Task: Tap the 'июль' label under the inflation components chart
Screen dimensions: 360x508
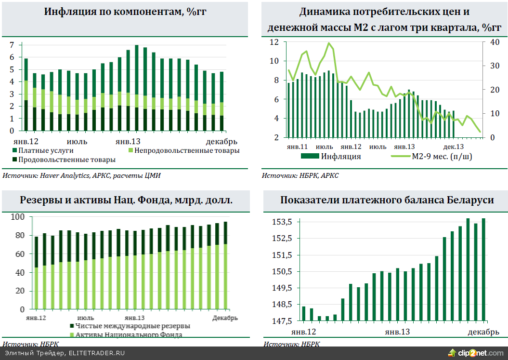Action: coord(77,141)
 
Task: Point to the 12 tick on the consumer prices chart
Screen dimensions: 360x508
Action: coord(274,42)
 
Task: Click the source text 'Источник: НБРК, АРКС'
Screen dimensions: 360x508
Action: coord(300,175)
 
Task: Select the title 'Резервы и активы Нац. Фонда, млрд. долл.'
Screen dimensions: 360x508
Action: coord(126,200)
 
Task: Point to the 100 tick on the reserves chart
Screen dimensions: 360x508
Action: coord(18,217)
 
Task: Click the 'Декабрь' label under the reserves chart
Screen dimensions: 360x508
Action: coord(225,318)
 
